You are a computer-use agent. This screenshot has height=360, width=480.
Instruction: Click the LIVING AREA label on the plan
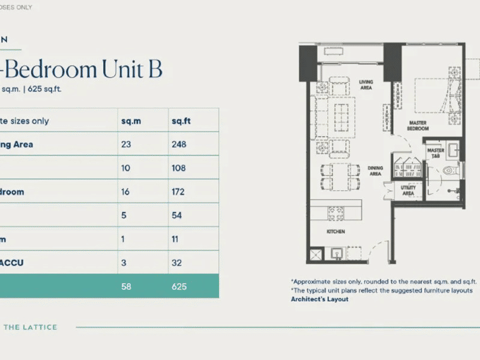point(365,85)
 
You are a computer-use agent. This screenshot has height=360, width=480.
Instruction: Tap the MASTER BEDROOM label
point(418,126)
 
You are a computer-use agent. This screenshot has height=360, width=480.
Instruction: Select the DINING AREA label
point(375,171)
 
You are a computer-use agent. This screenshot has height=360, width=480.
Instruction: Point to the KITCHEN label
point(335,230)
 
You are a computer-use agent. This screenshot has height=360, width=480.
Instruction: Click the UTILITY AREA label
point(408,191)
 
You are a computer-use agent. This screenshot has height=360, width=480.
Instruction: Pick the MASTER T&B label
point(436,153)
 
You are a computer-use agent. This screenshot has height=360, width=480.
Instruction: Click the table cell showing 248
point(179,145)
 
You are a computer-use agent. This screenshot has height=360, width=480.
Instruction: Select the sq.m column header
point(130,121)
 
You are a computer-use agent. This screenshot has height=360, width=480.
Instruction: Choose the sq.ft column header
point(181,121)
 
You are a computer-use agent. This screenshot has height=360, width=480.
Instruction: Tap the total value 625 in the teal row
point(179,286)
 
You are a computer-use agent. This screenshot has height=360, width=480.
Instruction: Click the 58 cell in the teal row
point(127,286)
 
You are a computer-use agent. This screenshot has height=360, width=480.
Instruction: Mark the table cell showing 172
point(178,192)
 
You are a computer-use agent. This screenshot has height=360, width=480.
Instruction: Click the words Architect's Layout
point(320,299)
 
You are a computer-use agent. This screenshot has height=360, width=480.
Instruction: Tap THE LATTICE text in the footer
point(31,327)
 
